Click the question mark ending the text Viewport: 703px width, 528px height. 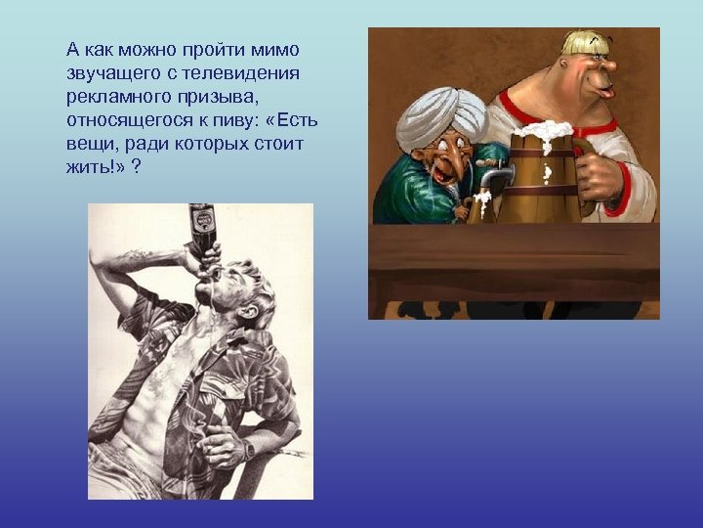(135, 166)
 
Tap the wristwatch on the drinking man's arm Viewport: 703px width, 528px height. (248, 449)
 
